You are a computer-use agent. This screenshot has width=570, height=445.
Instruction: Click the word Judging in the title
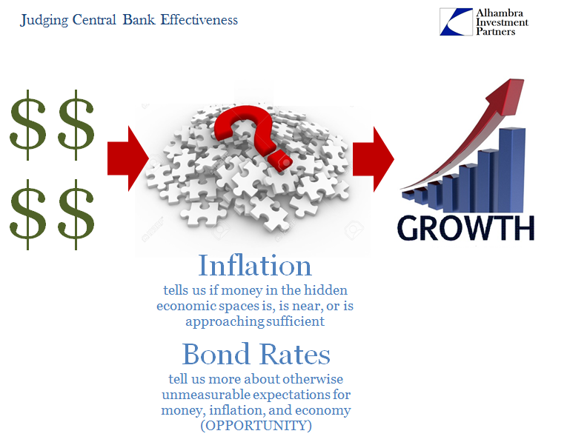click(44, 20)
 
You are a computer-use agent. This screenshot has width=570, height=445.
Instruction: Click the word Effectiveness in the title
click(199, 19)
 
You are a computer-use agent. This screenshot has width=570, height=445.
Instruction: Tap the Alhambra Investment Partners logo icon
click(456, 21)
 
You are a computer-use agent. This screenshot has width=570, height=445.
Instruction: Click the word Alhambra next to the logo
click(500, 13)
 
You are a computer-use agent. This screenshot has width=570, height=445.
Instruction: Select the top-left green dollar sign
click(28, 125)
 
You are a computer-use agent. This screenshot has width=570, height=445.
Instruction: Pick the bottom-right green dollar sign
click(76, 214)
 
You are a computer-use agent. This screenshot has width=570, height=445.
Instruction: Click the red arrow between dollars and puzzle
click(128, 158)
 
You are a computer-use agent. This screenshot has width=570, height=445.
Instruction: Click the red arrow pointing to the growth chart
click(374, 159)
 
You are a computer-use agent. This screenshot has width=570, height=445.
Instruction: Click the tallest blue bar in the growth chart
click(512, 170)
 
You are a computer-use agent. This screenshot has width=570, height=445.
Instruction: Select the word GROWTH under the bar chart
click(465, 228)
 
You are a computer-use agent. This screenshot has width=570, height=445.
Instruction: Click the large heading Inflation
click(255, 266)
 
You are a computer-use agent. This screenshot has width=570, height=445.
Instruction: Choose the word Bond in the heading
click(216, 354)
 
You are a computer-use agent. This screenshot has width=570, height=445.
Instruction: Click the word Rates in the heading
click(296, 354)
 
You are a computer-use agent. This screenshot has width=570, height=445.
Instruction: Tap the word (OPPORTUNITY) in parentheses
click(256, 426)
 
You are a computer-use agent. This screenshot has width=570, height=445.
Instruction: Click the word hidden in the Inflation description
click(325, 290)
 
